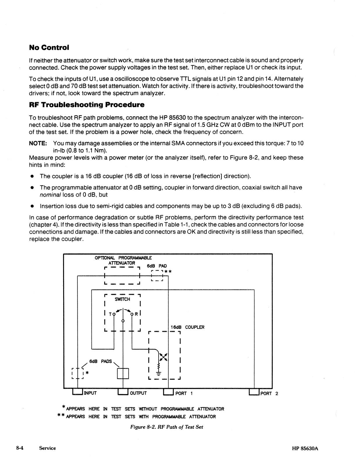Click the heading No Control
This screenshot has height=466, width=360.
coord(49,47)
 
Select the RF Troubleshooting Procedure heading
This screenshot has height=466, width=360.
coord(87,105)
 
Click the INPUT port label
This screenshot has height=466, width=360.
coord(90,393)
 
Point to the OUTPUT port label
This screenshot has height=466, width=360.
coord(138,393)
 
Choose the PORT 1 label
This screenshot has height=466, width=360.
coord(184,393)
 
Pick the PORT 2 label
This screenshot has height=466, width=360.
coord(269,393)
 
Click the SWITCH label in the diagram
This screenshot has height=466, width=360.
coord(122,299)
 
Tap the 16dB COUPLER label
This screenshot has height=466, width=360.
coord(187,327)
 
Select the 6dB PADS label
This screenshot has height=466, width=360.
coord(100,361)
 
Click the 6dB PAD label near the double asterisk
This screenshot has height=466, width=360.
coord(157,266)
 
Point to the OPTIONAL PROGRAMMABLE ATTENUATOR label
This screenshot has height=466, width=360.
coord(123,260)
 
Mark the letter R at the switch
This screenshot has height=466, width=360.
coord(136,314)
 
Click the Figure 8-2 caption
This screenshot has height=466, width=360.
coord(166,427)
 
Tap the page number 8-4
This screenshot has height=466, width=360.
coord(20,448)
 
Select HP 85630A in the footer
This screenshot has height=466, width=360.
coord(305,449)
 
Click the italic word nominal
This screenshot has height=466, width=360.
coord(50,195)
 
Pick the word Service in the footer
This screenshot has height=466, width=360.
coord(47,448)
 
